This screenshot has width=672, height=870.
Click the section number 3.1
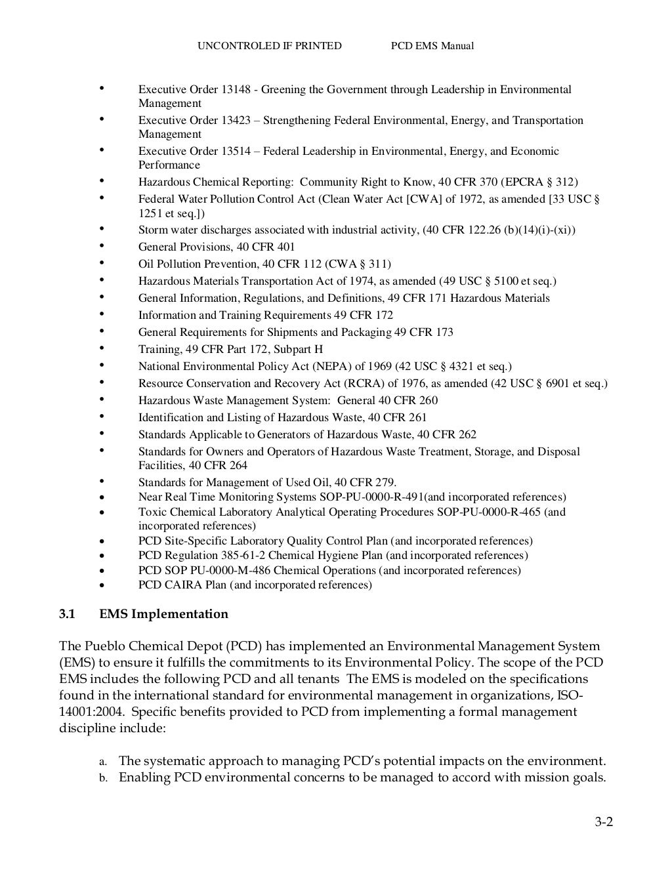click(x=67, y=614)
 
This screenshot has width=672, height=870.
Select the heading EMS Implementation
click(x=164, y=614)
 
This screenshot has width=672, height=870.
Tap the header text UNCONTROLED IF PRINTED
click(x=270, y=46)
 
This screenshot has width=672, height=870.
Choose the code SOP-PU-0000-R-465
click(x=489, y=512)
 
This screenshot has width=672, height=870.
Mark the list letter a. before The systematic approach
click(x=102, y=762)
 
